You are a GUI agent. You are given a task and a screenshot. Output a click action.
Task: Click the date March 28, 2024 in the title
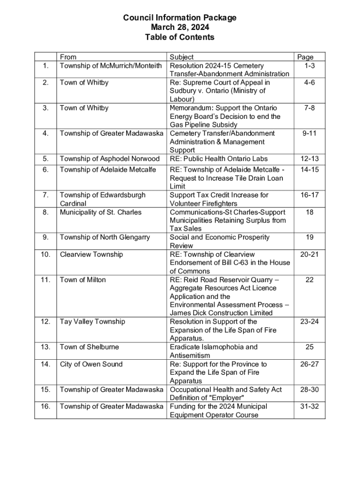point(180,28)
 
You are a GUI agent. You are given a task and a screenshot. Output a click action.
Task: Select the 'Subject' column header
point(181,57)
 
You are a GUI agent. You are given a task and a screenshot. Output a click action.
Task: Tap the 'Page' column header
point(305,57)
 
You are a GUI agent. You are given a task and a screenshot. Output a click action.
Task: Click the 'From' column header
point(68,57)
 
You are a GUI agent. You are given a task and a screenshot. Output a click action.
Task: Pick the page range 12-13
point(309,159)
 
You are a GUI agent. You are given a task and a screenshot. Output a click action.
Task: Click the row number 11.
point(46,280)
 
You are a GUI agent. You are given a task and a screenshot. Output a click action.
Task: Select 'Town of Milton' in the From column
point(83,280)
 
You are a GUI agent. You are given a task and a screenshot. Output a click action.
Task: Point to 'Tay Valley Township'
point(93,321)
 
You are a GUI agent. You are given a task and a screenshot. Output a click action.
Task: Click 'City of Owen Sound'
point(91,364)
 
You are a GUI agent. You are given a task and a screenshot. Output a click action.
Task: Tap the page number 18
point(309,212)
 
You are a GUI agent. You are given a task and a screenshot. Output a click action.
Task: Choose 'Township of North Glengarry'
point(105,237)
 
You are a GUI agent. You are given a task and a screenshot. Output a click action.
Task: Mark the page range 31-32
point(309,406)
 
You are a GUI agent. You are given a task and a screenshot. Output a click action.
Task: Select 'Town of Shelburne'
point(89,347)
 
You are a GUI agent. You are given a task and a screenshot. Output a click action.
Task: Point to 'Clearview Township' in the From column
point(91,254)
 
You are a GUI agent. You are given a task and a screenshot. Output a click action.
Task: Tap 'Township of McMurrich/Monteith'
point(111,65)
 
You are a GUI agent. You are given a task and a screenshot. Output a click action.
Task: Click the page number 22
point(309,280)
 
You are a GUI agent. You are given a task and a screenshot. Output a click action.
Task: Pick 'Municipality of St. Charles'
point(101,212)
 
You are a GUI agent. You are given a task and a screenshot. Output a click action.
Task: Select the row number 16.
point(46,406)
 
